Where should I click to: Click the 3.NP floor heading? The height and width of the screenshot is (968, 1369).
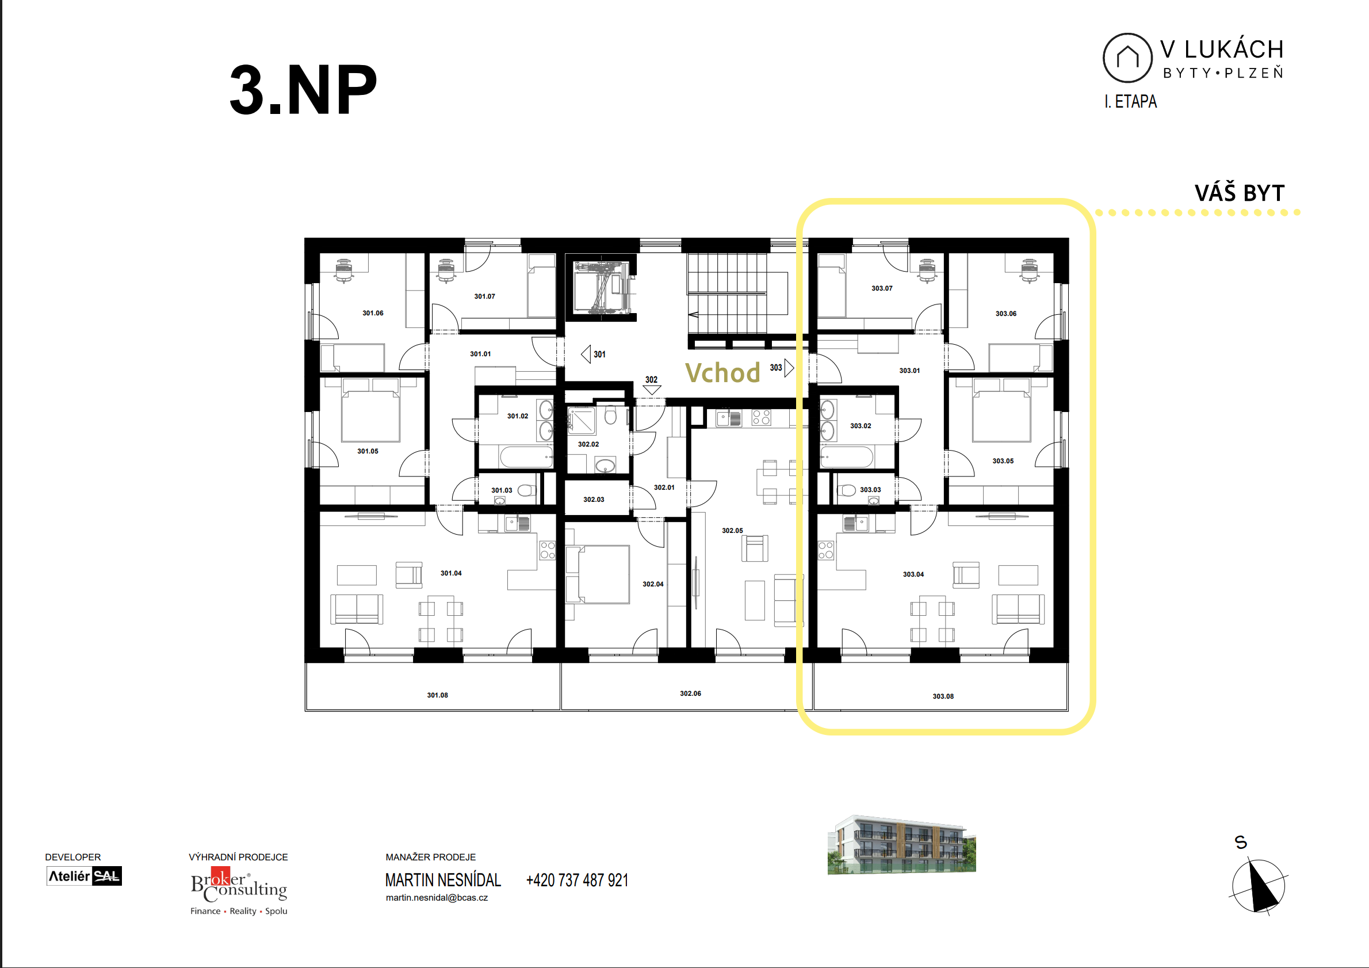303,90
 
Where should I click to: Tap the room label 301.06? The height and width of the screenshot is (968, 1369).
373,313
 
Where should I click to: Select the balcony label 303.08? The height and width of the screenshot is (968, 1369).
943,696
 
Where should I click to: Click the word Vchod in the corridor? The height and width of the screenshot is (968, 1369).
722,373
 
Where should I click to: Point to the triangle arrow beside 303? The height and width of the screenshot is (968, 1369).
789,367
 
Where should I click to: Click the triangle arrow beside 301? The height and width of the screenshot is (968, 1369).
586,355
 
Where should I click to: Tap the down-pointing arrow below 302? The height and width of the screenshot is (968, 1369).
652,390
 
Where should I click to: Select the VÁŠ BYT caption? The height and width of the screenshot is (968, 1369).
1240,193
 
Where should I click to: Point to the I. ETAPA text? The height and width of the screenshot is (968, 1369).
1130,101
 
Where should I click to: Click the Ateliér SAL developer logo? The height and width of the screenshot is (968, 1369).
84,876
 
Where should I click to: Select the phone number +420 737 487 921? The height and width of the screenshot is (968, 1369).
577,881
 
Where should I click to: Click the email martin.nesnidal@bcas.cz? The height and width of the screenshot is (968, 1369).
437,898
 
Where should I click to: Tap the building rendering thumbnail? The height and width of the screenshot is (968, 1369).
901,844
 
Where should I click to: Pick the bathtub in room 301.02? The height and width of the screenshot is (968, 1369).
526,458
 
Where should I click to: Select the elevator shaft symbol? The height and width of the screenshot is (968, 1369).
602,288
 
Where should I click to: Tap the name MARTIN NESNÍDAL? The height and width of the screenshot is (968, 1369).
443,881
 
